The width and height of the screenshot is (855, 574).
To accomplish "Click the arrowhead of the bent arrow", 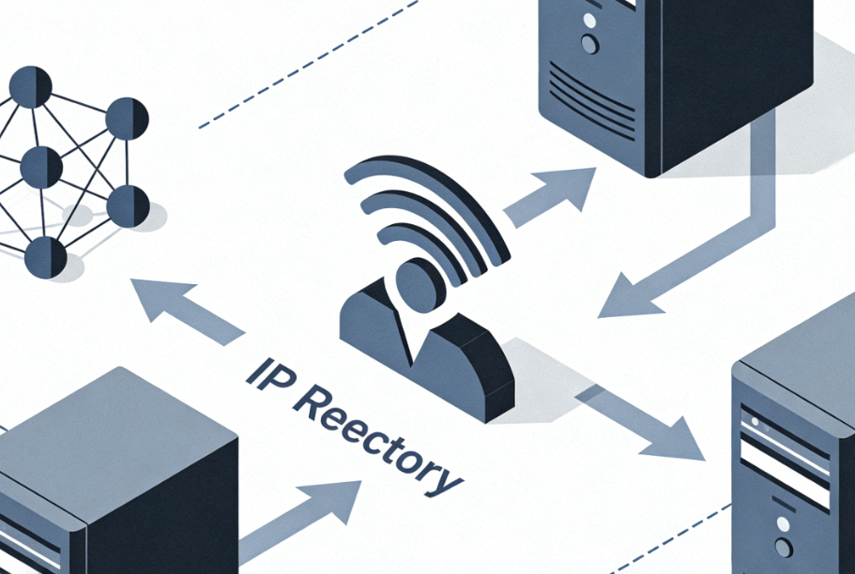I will click(x=624, y=295).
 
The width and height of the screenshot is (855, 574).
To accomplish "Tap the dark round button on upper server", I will click(x=589, y=43).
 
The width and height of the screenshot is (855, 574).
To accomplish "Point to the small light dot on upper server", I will click(x=589, y=18).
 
